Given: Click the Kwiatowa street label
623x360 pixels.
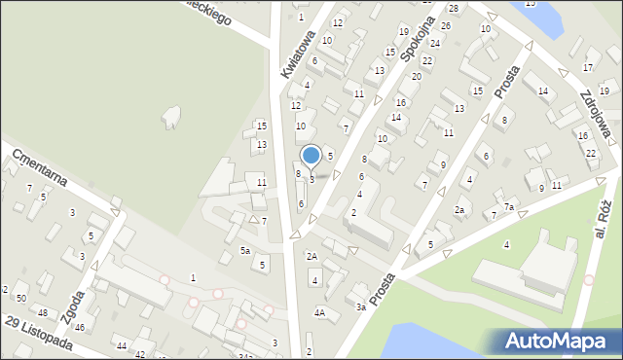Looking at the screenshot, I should [x=297, y=54].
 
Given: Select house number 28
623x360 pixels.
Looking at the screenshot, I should [x=454, y=8].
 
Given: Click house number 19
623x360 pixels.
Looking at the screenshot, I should [x=403, y=32].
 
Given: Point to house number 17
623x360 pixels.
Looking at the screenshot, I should [x=587, y=67].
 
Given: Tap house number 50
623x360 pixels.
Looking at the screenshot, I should [x=21, y=297].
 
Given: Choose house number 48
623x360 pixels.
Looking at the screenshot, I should [x=43, y=311].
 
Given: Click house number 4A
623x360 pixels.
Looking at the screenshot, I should [x=319, y=313].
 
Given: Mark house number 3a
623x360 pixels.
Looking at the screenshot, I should [x=360, y=307].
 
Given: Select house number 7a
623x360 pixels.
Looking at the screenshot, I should [x=508, y=207].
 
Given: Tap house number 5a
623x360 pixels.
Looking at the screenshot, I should [x=246, y=251].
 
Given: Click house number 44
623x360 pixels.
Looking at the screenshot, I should [x=122, y=346].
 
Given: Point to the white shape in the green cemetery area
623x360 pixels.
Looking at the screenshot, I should [x=171, y=118].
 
